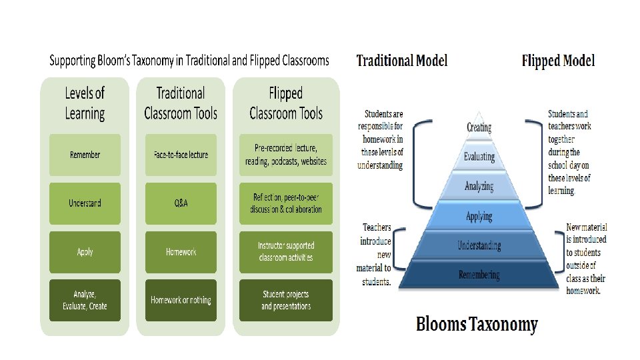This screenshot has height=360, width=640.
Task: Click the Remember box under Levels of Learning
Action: [x=85, y=155]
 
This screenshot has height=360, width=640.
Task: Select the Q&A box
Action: [x=180, y=203]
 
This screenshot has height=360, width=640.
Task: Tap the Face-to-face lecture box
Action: [x=180, y=155]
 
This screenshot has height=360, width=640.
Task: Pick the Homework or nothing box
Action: [x=180, y=300]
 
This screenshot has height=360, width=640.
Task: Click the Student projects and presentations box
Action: [x=285, y=300]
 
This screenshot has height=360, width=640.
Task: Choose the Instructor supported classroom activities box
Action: [x=285, y=251]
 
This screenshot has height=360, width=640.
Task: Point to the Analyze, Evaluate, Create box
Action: [x=85, y=300]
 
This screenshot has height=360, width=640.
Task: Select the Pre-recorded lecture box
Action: [x=285, y=155]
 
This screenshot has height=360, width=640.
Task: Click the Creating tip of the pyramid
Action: [x=479, y=127]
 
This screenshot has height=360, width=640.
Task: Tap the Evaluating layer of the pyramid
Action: [x=479, y=157]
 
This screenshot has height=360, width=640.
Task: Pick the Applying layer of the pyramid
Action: [x=479, y=216]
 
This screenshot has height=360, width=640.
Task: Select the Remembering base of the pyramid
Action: [x=479, y=275]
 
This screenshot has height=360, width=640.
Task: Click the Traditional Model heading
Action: [x=402, y=61]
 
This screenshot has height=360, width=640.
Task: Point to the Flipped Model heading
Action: [x=558, y=61]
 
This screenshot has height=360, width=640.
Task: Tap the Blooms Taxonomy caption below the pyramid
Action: [x=477, y=325]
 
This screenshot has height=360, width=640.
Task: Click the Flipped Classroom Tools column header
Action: [x=285, y=103]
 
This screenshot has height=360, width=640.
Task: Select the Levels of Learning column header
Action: [x=85, y=103]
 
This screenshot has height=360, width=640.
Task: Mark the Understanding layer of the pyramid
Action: [x=479, y=245]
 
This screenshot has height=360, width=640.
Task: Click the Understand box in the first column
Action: [x=85, y=203]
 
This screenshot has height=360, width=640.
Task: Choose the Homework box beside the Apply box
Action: [x=180, y=251]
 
